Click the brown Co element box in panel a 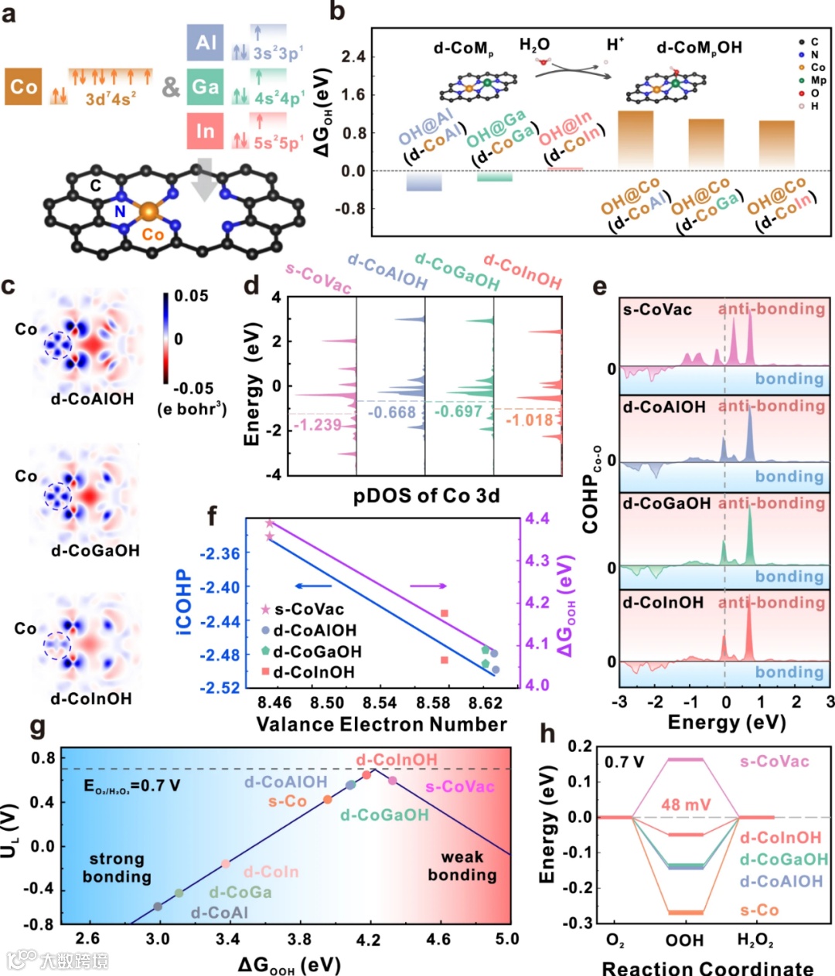24,87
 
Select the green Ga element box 205,87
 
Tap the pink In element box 205,131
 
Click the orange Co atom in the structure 149,211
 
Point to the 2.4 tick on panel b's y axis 353,57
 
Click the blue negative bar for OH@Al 424,182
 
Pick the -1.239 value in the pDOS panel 319,425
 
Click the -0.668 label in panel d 391,413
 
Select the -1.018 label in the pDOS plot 530,420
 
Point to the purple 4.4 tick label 538,519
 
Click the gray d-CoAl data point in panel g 158,906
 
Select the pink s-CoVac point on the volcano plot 393,780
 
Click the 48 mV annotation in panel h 685,805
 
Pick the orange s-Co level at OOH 686,913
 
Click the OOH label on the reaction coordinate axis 685,940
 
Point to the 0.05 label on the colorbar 191,297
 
